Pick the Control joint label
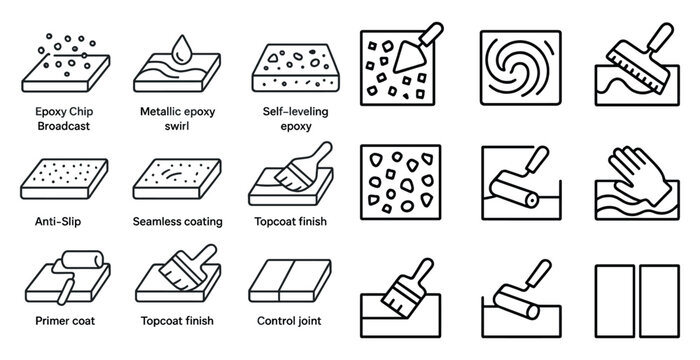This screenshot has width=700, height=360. coord(289,322)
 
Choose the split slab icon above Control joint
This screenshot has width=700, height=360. coord(289,280)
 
